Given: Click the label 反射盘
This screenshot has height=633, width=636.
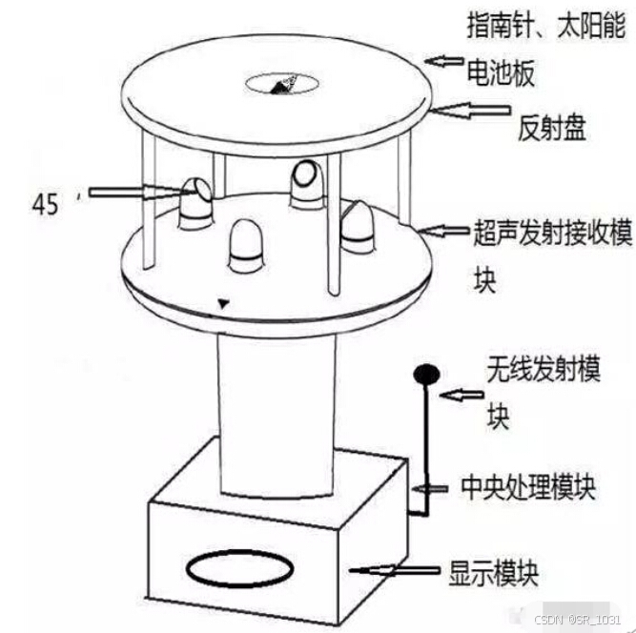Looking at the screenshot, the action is coord(552,128).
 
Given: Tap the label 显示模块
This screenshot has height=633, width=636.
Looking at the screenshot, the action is coord(494,573).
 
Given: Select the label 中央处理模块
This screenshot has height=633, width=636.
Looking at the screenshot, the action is coord(528,487).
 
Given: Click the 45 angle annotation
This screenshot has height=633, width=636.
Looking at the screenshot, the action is coord(46,204).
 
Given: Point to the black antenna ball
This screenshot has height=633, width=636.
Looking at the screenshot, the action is coord(426,375).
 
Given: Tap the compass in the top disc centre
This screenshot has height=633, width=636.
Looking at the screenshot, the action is coord(281,84).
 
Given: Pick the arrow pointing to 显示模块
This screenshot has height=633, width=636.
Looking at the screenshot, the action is coord(395,570).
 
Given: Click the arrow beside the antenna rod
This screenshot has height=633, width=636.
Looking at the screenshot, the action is coord(462,395).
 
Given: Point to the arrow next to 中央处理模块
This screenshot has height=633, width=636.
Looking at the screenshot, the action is coord(430,489).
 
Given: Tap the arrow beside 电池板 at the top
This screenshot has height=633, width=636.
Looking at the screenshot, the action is coord(443,61).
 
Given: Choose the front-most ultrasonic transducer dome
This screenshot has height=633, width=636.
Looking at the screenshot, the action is coord(246,246).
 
